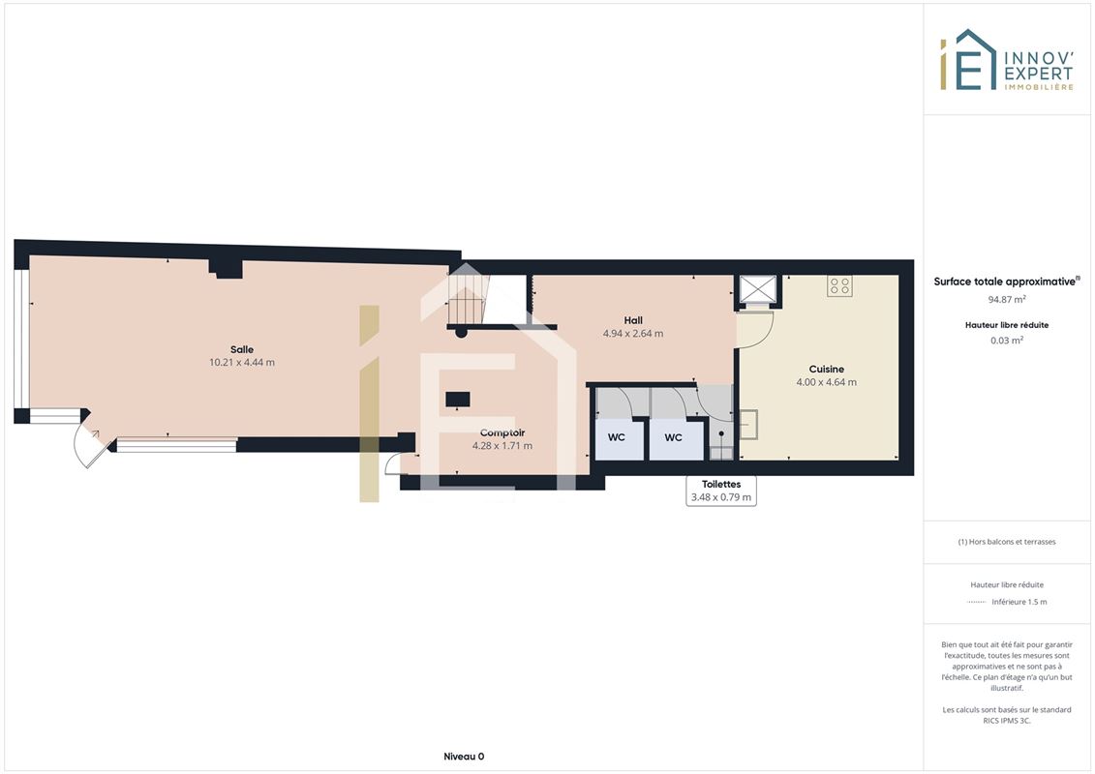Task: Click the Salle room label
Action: [242, 349]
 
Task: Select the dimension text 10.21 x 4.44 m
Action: [242, 362]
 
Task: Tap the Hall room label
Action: [633, 320]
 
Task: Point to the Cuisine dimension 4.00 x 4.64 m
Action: [826, 382]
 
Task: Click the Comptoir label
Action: [502, 432]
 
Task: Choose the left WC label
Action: [616, 437]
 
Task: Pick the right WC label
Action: [673, 437]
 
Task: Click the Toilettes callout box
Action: [721, 491]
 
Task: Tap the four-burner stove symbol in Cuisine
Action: [840, 285]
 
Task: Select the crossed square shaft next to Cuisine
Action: [758, 289]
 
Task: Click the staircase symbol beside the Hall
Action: [468, 298]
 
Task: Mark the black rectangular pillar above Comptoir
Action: [458, 400]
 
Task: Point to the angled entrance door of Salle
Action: [91, 439]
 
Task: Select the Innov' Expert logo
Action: [1006, 60]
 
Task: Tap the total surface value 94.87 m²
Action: [1006, 299]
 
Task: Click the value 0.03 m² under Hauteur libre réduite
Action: [1006, 341]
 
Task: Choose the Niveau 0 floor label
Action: [464, 757]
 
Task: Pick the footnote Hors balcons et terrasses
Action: [1006, 542]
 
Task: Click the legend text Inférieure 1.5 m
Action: [1019, 602]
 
